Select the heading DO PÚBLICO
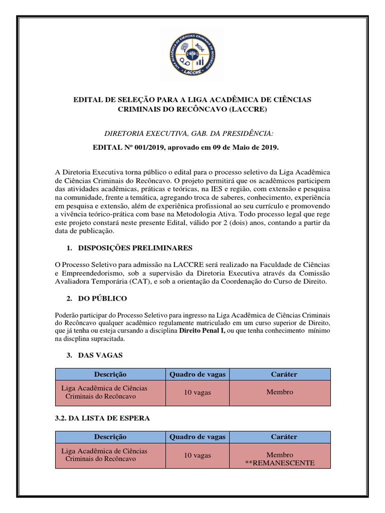[x=103, y=299]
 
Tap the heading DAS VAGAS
[x=100, y=355]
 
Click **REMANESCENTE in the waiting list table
[x=280, y=462]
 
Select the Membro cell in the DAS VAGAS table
[x=280, y=392]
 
